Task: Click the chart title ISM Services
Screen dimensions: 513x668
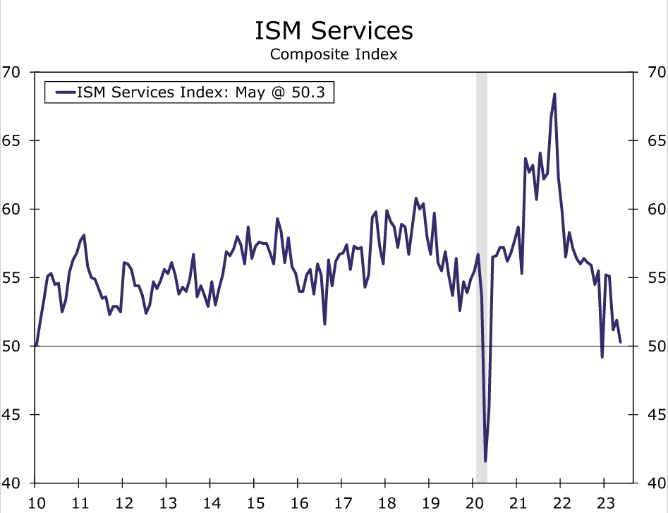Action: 334,30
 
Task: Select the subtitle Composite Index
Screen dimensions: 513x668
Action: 334,54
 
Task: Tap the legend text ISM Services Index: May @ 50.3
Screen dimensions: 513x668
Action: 205,92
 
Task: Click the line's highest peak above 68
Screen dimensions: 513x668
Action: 554,94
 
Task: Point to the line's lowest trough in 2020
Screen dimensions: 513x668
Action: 485,461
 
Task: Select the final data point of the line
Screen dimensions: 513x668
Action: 620,342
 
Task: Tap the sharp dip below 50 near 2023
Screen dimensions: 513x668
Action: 602,357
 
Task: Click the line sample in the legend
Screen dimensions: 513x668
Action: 63,92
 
